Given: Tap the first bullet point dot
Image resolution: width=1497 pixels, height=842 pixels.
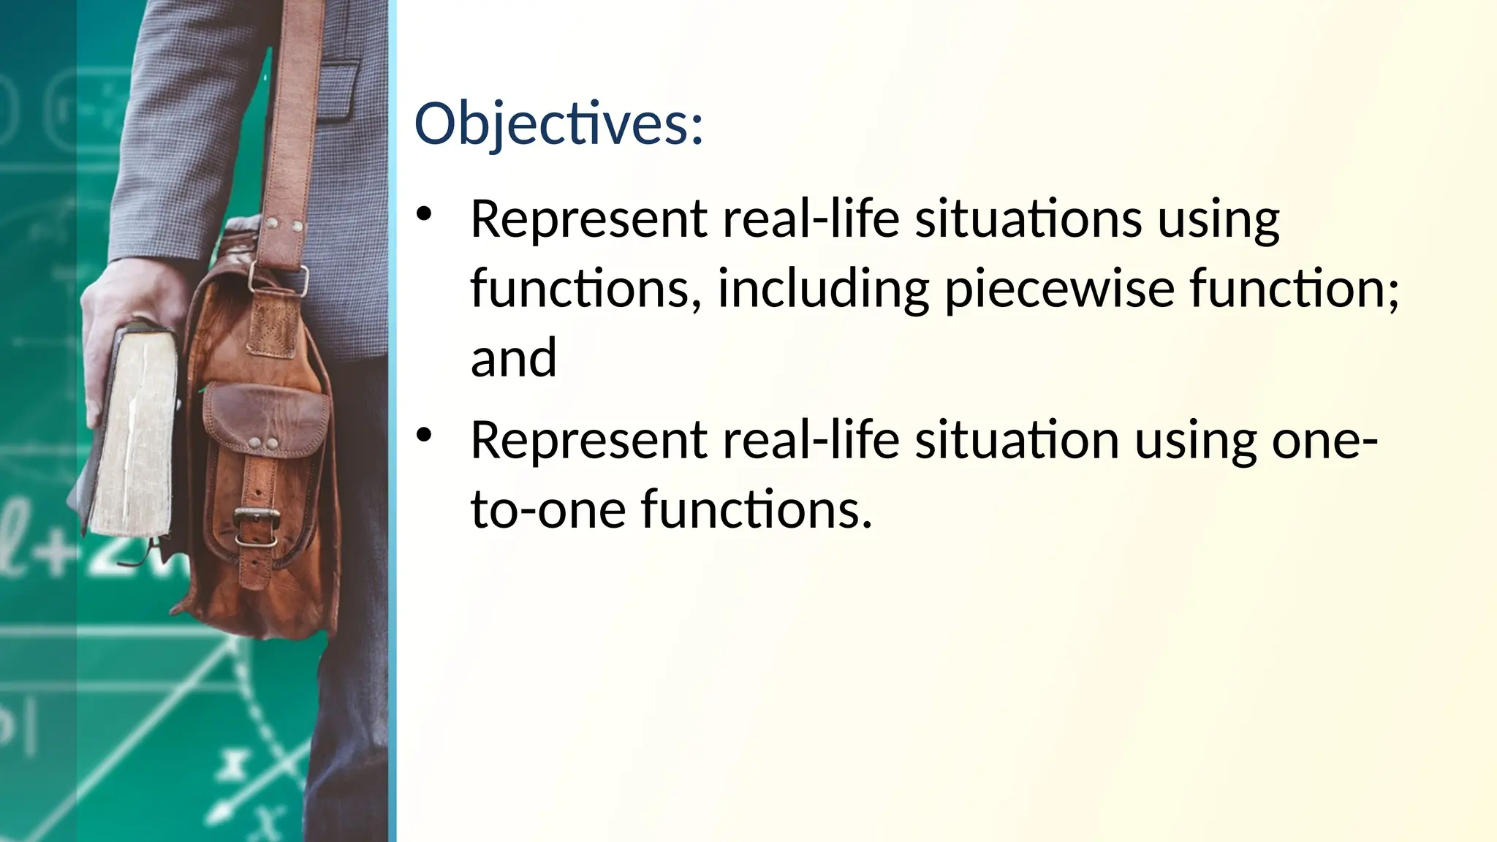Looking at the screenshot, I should pyautogui.click(x=424, y=215).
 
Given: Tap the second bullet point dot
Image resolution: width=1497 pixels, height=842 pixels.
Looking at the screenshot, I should pyautogui.click(x=424, y=436).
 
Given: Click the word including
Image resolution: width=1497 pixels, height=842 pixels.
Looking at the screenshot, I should pyautogui.click(x=823, y=289).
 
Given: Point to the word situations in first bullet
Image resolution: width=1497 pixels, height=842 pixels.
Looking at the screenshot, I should pyautogui.click(x=1028, y=219).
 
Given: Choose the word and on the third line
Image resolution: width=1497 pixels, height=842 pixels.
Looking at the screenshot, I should pyautogui.click(x=514, y=358).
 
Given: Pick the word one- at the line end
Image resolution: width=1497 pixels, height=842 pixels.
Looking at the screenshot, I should pyautogui.click(x=1324, y=441).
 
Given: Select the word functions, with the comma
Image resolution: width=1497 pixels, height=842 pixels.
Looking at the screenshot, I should pyautogui.click(x=581, y=289).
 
